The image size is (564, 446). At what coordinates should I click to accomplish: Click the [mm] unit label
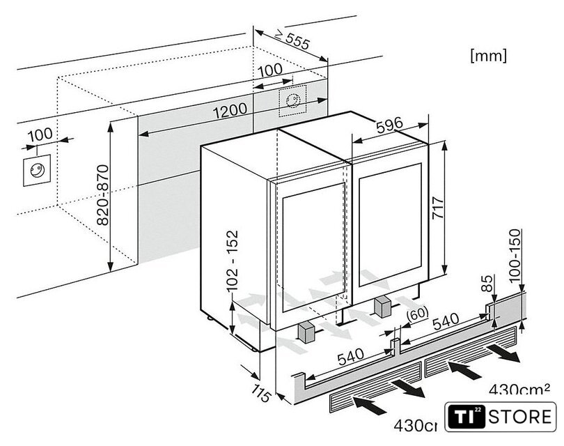click(x=488, y=54)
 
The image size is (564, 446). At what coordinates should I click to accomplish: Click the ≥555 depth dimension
click(x=292, y=43)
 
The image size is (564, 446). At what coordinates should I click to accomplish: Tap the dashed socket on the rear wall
click(x=293, y=102)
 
